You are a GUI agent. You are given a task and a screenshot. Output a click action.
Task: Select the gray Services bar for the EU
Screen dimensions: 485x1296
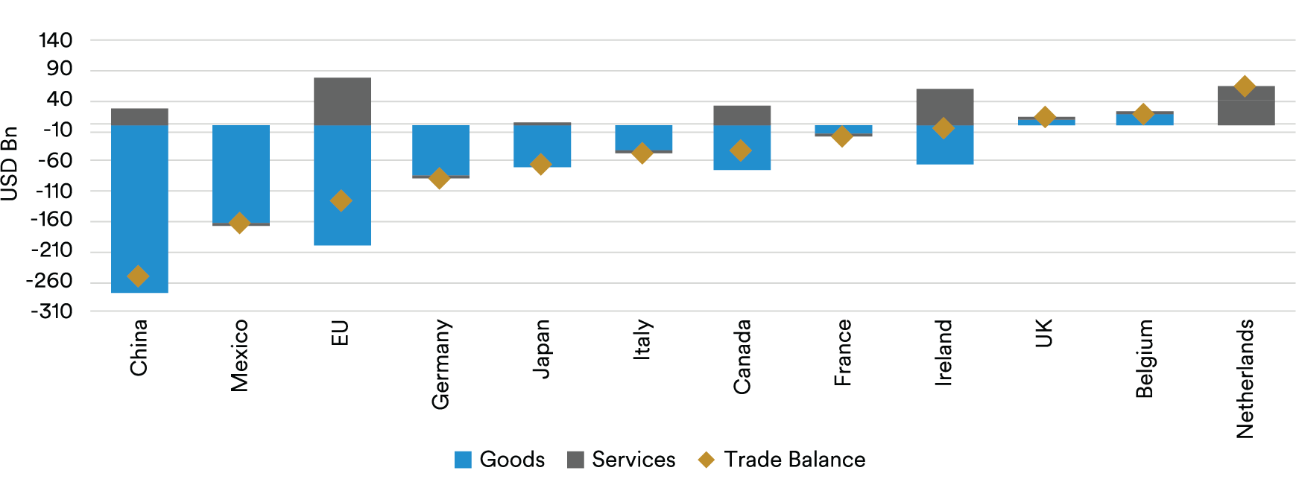[342, 101]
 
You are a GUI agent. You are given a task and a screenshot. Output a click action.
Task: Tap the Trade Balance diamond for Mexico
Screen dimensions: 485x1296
[239, 223]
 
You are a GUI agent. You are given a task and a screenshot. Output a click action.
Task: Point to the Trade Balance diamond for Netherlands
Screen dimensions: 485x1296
[1244, 86]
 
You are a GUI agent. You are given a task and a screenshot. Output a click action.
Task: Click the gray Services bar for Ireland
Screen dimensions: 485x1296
[944, 106]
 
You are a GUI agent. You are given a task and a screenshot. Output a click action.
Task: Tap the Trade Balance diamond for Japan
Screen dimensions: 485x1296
[540, 165]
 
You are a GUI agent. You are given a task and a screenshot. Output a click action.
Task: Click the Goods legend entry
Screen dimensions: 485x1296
[499, 460]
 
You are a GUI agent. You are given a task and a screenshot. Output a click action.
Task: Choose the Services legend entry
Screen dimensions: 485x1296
[621, 460]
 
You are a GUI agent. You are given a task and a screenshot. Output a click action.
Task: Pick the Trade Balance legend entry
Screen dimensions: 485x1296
[781, 460]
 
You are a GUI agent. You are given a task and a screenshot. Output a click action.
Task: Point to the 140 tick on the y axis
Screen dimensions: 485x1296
[56, 40]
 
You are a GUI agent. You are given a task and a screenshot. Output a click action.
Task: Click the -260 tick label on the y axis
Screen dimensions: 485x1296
[50, 282]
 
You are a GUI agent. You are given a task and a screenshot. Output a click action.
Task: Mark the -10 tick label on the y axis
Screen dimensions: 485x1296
[57, 130]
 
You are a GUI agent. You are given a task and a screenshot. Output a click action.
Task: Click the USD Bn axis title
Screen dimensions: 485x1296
[10, 164]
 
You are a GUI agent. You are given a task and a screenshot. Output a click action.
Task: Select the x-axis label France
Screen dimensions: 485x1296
[843, 352]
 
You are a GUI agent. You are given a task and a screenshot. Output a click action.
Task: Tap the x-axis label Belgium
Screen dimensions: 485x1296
[1144, 358]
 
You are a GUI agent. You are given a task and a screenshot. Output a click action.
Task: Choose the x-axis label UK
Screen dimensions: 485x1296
[1044, 333]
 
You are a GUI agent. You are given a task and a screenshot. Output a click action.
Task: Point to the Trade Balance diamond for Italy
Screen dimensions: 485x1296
[642, 153]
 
